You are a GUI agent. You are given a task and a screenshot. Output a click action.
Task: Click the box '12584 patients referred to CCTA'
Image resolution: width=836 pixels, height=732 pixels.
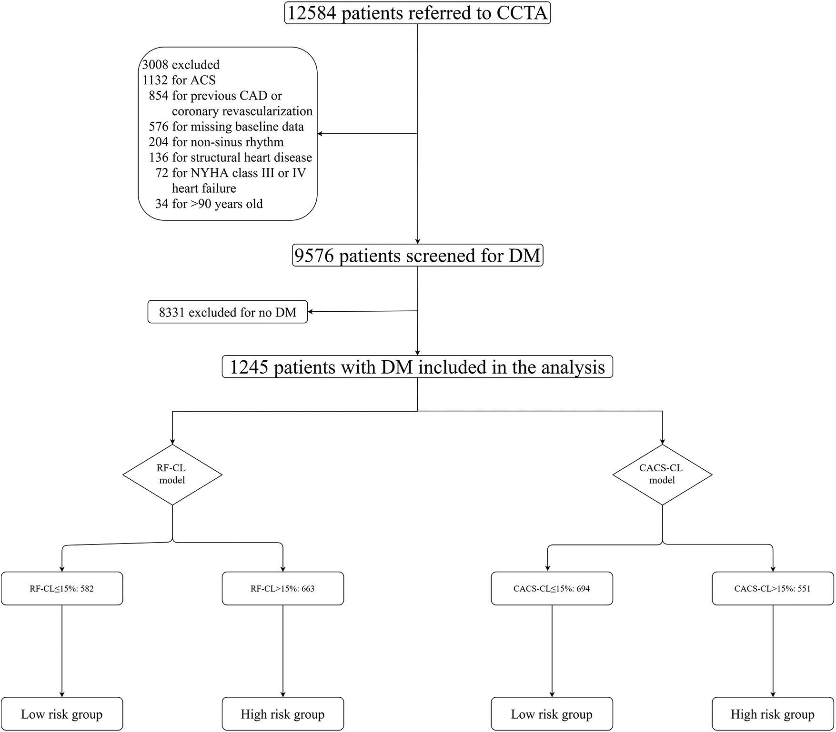[418, 13]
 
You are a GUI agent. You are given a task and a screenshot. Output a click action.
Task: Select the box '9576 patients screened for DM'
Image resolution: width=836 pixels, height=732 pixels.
[417, 256]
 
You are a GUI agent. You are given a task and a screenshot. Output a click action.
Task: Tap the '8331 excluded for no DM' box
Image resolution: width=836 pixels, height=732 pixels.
[227, 312]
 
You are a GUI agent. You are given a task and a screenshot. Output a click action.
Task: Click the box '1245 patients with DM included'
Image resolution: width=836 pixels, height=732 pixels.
[417, 367]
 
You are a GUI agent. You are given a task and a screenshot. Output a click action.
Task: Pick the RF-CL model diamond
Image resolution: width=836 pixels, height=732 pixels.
[172, 475]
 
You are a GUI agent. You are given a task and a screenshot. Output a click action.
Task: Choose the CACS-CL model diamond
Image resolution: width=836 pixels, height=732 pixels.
[662, 475]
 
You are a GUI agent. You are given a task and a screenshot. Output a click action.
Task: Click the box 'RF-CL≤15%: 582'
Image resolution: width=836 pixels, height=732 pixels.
[62, 589]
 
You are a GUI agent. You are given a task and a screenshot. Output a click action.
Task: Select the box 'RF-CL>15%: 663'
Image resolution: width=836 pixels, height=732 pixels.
[282, 589]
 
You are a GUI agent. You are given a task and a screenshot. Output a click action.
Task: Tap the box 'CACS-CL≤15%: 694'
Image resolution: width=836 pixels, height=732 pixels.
[552, 589]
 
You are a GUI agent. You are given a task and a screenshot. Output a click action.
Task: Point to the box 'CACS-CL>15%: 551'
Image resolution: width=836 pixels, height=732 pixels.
[773, 589]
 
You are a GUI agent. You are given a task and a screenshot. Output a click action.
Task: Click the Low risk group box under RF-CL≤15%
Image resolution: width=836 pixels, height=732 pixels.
[62, 714]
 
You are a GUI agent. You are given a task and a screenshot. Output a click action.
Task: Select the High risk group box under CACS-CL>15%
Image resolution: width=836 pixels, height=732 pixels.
[773, 714]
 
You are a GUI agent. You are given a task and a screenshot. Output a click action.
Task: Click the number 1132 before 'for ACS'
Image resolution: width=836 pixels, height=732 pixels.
[155, 80]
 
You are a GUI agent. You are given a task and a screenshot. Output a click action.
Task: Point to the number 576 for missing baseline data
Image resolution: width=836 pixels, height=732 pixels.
[159, 127]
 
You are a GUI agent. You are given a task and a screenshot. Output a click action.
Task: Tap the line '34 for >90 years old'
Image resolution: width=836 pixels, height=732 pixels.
[209, 204]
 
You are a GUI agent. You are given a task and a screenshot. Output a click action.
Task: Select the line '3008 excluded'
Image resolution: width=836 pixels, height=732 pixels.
[181, 65]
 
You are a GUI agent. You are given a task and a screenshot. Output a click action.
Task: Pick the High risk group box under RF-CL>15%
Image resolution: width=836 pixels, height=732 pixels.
[282, 714]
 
